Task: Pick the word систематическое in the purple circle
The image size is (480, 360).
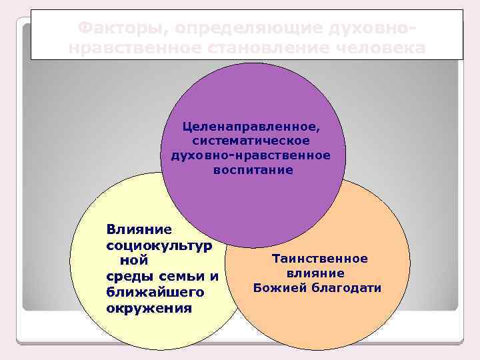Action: click(x=251, y=141)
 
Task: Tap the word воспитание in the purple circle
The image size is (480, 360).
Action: click(x=253, y=170)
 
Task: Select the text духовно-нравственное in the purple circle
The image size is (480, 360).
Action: click(x=251, y=155)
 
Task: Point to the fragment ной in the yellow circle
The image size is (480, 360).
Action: click(x=133, y=261)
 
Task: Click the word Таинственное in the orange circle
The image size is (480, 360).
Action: click(x=319, y=259)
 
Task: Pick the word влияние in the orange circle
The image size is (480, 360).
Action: click(x=315, y=273)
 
